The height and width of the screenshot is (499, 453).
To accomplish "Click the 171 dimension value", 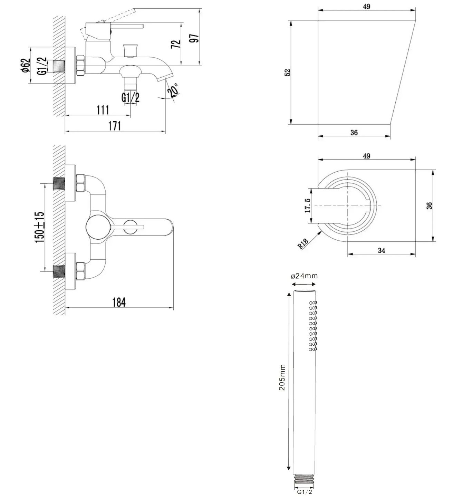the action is point(115,126).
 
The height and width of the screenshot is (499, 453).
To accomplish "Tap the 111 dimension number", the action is point(103,110).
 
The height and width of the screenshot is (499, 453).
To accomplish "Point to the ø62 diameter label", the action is point(26,66).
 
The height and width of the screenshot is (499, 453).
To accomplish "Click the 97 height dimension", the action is point(194,38).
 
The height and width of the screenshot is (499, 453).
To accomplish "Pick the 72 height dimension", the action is point(176,44).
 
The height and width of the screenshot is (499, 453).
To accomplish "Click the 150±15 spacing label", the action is point(39,227).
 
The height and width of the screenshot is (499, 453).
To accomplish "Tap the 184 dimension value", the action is point(119,303).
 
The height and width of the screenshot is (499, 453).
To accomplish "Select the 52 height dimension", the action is point(287,73).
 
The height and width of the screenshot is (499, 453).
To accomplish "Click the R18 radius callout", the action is point(303,243).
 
